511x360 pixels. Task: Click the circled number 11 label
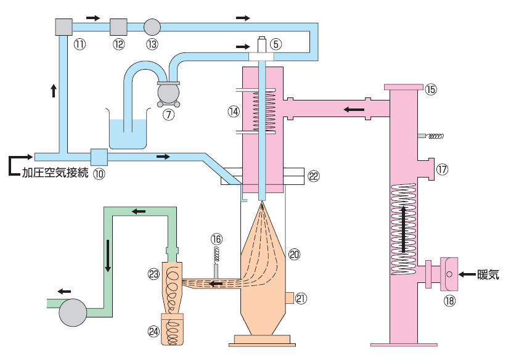point(80,44)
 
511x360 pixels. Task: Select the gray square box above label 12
point(118,27)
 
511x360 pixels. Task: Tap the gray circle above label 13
point(152,27)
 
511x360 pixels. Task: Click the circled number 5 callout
point(276,44)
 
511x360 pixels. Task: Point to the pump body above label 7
point(168,93)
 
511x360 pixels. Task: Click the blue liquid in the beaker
point(128,134)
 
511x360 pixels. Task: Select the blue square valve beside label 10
point(99,157)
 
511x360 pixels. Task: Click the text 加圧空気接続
point(55,173)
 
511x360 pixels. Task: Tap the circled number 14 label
point(234,112)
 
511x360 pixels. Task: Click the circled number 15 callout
point(431,89)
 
